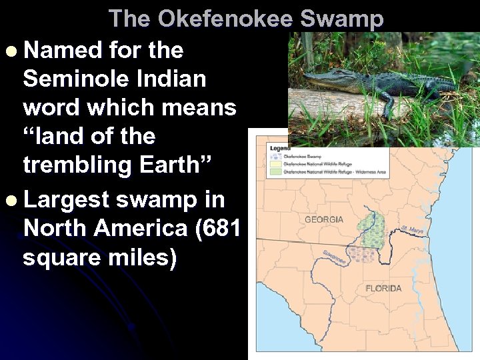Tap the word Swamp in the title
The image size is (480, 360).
point(342,18)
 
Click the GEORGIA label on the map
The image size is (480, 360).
point(323,219)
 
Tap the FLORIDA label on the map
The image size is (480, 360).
point(383,288)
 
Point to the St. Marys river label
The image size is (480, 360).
point(413,231)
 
